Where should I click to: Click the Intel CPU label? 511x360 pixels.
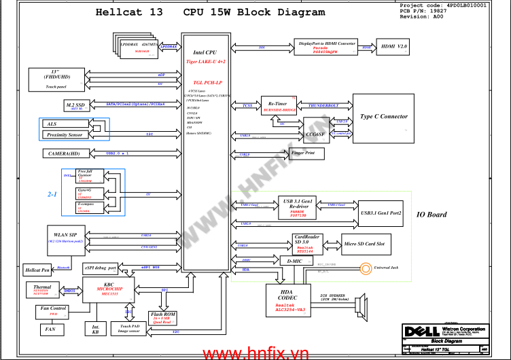tap(205, 52)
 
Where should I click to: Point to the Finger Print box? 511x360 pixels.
tap(302, 154)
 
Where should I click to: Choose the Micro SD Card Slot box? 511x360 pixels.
tap(364, 243)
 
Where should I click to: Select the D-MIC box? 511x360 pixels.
tap(295, 260)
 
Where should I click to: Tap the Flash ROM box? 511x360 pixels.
tap(163, 318)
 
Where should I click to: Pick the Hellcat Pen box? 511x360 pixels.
tap(37, 270)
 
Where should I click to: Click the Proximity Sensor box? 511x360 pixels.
tap(65, 135)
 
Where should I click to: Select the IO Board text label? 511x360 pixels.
tap(431, 215)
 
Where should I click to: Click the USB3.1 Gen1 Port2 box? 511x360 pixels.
tap(381, 213)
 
